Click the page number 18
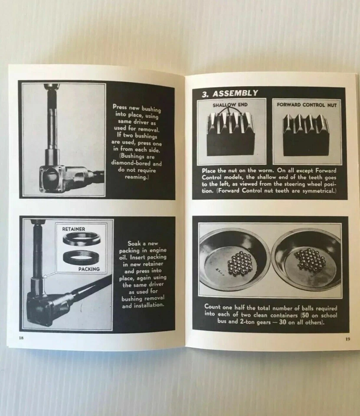coord(21,338)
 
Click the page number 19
coord(347,339)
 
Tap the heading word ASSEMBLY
coord(235,93)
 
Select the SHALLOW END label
coord(230,105)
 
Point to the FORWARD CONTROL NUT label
coord(307,105)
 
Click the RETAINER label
coord(74,229)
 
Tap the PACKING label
coord(89,269)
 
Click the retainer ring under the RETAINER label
coord(82,239)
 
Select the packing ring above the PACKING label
coord(82,257)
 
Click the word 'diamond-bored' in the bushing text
coord(137,163)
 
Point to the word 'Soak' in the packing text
coord(134,243)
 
